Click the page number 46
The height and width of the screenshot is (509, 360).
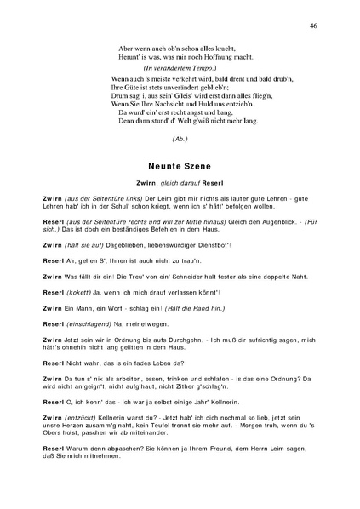click(314, 26)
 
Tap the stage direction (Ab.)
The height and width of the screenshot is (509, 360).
click(180, 139)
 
